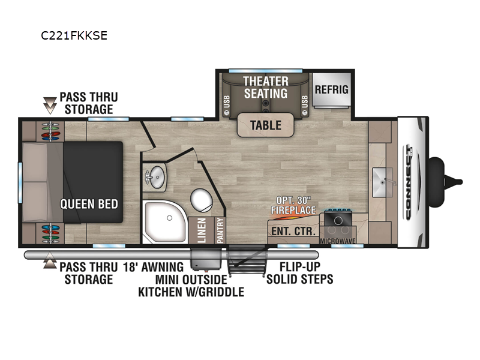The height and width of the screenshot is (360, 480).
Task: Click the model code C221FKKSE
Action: tap(74, 36)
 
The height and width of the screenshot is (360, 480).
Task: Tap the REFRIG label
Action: tap(332, 89)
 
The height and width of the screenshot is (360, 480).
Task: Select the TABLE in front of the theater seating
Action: tap(265, 125)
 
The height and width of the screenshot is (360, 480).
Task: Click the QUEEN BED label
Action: tap(89, 204)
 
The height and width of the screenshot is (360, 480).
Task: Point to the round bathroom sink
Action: tap(156, 177)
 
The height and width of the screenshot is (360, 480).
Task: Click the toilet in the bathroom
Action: tap(202, 200)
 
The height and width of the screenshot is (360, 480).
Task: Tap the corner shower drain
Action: tap(169, 218)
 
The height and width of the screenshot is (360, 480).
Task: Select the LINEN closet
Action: tap(201, 230)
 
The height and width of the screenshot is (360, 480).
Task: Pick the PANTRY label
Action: tap(220, 230)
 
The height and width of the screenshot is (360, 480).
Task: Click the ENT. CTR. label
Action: tap(293, 231)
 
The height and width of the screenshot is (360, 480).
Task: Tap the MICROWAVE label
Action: tap(338, 241)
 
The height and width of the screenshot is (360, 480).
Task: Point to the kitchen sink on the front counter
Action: tap(383, 182)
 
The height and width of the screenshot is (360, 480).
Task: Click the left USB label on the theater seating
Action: tap(227, 102)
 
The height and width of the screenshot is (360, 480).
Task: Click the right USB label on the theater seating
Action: tap(305, 102)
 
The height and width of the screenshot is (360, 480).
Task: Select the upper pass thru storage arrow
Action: tap(50, 106)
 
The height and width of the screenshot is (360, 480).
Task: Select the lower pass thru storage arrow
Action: tap(50, 260)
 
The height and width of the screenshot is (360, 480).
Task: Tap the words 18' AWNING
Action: tap(153, 267)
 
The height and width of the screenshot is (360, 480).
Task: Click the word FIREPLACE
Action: tap(293, 210)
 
